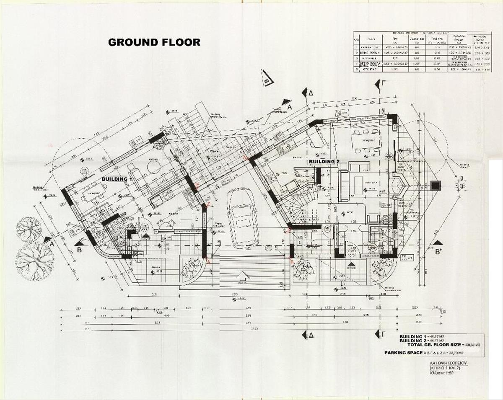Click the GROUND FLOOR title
pos(154,42)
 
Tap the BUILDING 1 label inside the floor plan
pos(117,179)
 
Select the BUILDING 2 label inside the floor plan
pos(324,161)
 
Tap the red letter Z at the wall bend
pos(208,204)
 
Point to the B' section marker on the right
pos(438,251)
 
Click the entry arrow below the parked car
pos(241,276)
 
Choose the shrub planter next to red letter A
pos(192,268)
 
